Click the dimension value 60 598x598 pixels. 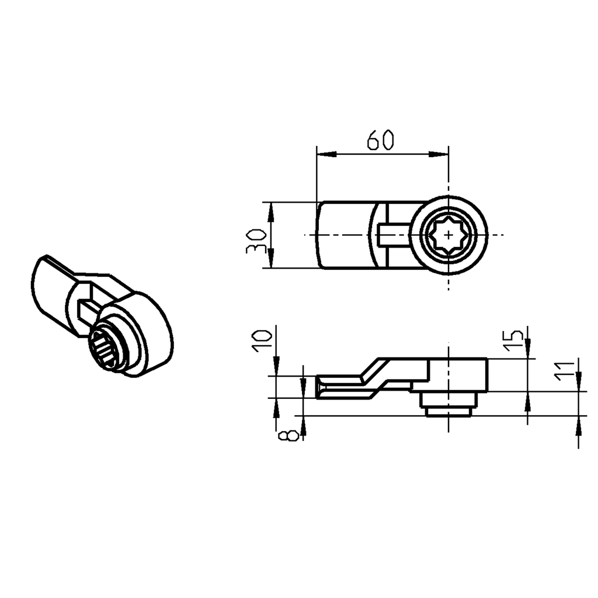click(381, 141)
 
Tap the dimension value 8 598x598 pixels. click(288, 436)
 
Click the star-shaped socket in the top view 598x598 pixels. click(448, 235)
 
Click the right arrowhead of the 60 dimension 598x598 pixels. click(439, 154)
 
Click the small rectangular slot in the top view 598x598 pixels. click(392, 235)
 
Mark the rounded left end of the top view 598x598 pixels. click(320, 235)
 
